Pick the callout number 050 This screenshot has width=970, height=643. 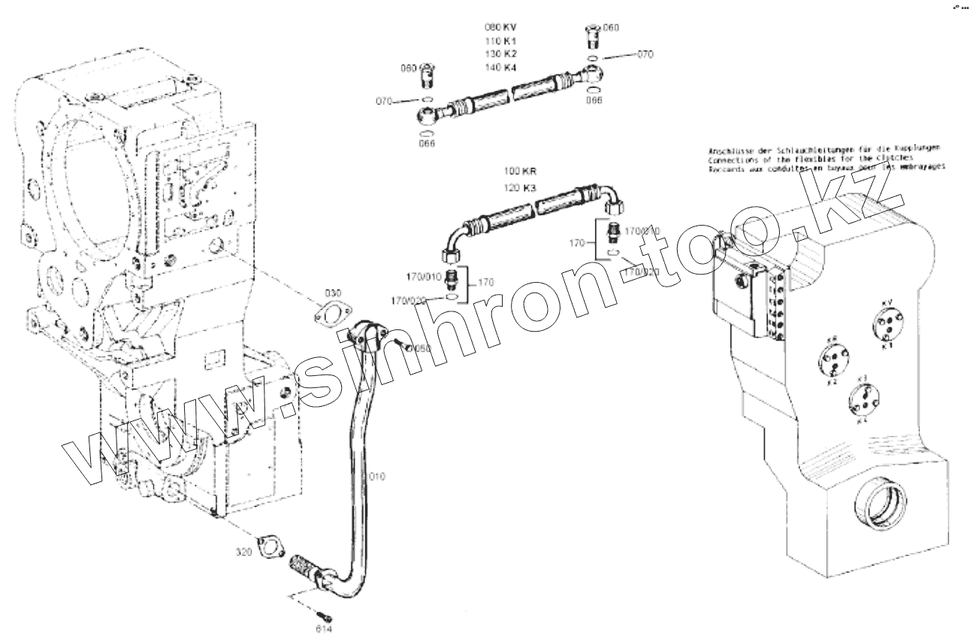[422, 348]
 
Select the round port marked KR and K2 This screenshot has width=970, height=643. [833, 360]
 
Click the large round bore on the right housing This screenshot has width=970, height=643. [883, 503]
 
